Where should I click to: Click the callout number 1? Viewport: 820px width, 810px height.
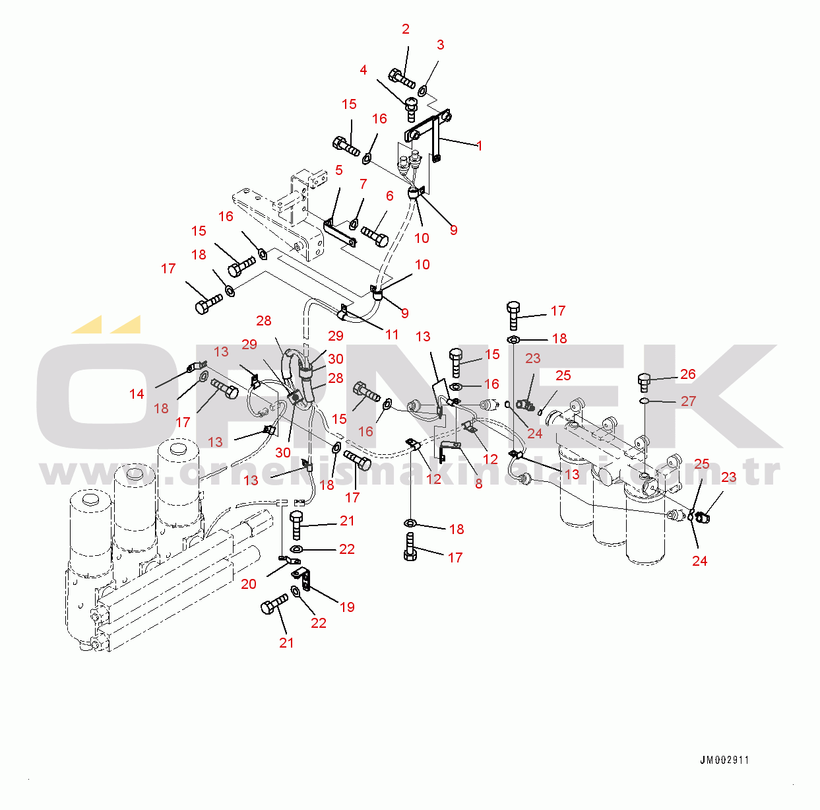(480, 146)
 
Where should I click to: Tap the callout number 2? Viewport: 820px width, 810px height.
(406, 29)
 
